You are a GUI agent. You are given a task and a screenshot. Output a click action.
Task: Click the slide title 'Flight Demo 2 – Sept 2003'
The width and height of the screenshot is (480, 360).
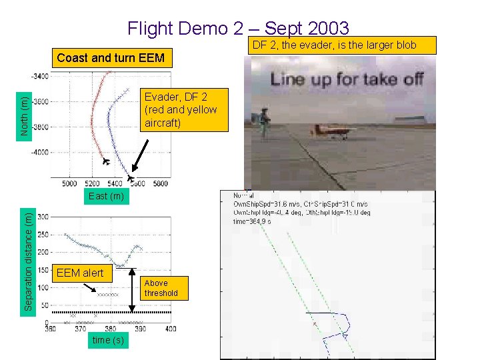point(238,28)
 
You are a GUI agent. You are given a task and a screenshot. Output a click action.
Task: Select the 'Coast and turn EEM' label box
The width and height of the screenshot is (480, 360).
point(111,57)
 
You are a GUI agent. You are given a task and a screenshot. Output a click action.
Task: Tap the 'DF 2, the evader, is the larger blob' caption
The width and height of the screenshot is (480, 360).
point(342,45)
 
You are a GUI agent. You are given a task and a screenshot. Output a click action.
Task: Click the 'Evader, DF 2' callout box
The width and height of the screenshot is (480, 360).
point(181,109)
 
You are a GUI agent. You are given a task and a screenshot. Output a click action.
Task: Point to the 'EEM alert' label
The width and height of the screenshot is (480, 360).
point(80,273)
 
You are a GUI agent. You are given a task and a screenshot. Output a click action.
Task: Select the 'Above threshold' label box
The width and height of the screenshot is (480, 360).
point(161,288)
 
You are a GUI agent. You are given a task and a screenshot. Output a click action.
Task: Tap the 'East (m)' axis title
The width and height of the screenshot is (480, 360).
point(106,196)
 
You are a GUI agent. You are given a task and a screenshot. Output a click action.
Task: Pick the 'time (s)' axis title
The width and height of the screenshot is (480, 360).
point(108,340)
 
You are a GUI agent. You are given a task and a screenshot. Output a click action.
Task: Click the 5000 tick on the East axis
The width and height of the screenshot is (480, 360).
point(69,183)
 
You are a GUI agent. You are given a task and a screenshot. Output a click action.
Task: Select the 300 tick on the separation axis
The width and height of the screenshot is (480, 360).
point(43,217)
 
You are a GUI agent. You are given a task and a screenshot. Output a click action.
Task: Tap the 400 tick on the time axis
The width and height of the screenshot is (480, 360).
point(170,329)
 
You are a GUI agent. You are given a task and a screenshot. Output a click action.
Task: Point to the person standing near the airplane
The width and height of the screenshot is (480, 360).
point(265,123)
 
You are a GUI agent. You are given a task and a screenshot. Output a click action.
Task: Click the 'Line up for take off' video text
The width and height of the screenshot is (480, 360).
point(346,79)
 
